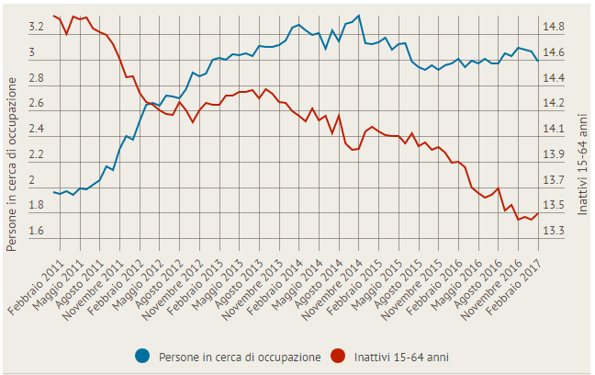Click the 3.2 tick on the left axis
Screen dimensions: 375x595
click(37, 28)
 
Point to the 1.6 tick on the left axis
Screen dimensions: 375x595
click(37, 231)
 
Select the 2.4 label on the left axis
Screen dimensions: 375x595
click(37, 130)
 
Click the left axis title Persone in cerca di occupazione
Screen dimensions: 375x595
click(12, 165)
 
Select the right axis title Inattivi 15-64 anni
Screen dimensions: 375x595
click(582, 165)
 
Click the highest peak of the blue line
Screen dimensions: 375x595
click(358, 16)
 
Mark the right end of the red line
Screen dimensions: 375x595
click(538, 214)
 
